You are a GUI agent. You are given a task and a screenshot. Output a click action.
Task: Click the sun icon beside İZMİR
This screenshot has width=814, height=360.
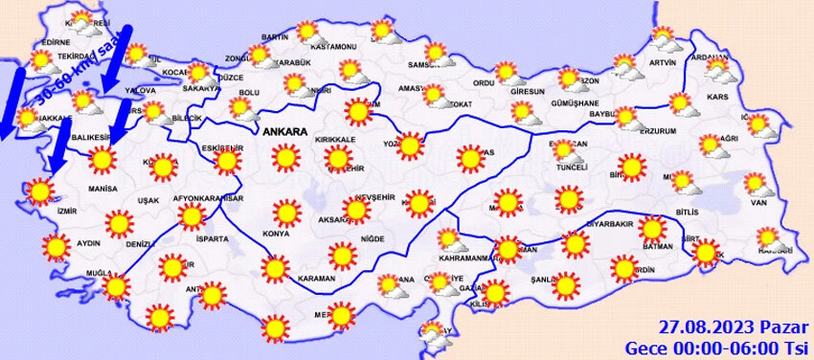tap(40, 191)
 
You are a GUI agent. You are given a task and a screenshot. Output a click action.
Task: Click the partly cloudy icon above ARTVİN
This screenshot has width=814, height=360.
tap(664, 38)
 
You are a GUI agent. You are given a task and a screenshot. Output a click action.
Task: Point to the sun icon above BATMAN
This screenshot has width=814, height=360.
tap(653, 228)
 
